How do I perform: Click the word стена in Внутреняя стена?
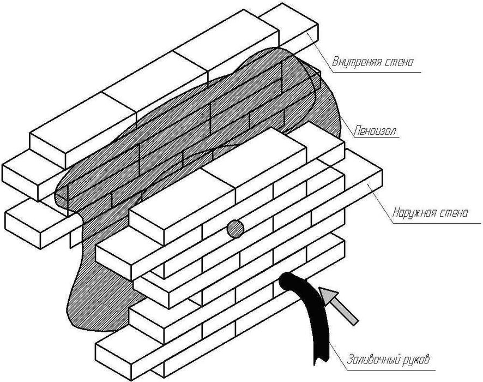click(x=397, y=62)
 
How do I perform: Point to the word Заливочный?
click(x=373, y=361)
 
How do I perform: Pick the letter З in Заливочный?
click(x=349, y=361)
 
